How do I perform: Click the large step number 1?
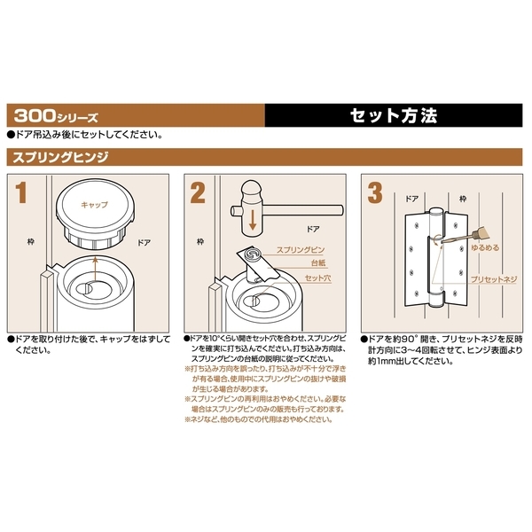pos(21,192)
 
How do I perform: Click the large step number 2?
pos(198,192)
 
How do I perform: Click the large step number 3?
pos(375,192)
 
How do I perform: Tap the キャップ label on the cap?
pos(94,205)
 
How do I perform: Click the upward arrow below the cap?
pos(96,269)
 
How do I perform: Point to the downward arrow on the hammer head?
pos(252,220)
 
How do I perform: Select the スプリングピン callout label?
pos(301,250)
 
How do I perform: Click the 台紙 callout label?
pos(318,263)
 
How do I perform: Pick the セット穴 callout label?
pos(317,278)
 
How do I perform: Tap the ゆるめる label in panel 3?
pos(485,247)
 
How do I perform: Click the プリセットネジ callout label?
pos(493,279)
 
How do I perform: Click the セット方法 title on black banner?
pos(394,115)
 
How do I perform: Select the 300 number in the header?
pos(35,115)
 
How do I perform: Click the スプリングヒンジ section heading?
pos(60,158)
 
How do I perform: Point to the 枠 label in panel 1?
pos(31,242)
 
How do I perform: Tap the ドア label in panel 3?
pos(412,199)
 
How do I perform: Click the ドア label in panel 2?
pos(313,229)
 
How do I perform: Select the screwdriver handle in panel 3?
pos(481,234)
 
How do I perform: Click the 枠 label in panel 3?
pos(463,199)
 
